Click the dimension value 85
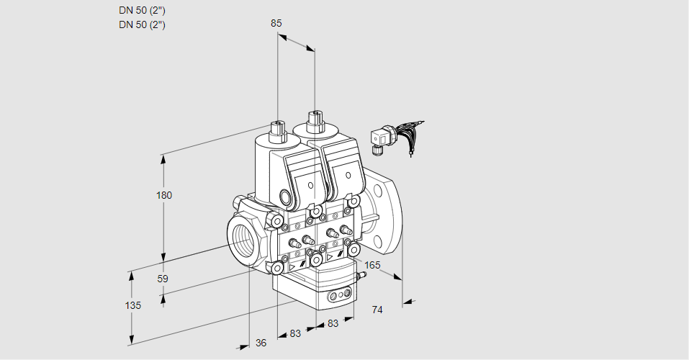(276, 23)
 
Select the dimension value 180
(165, 195)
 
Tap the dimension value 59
(163, 279)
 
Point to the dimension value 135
(132, 305)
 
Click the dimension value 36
(261, 343)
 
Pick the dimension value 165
(371, 266)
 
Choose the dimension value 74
(377, 310)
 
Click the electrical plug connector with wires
(379, 138)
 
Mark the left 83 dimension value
(295, 333)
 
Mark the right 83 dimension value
(333, 324)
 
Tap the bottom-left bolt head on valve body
(277, 268)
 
